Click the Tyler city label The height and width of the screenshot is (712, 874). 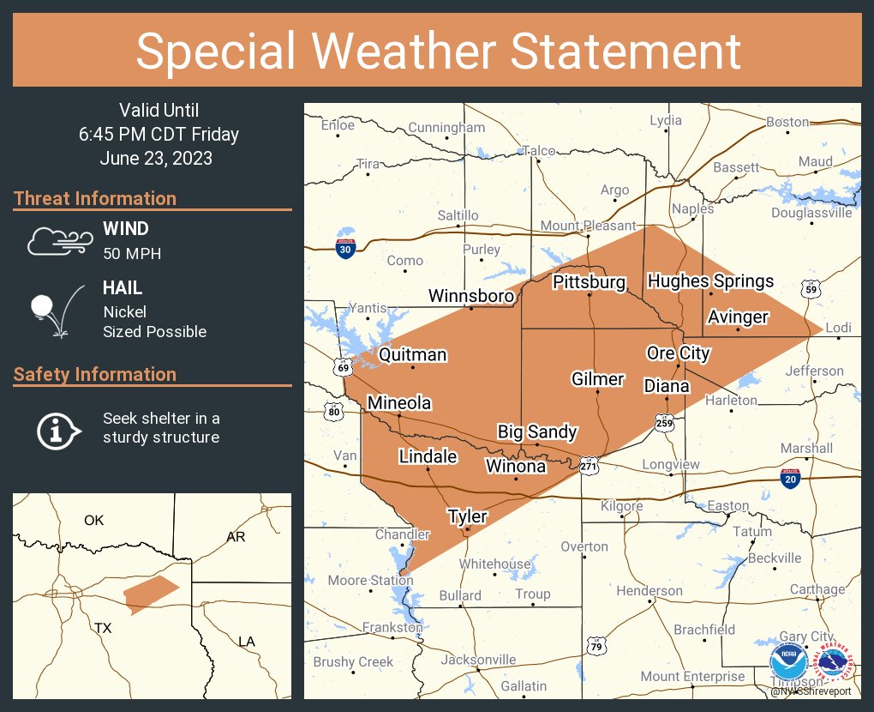coord(467,516)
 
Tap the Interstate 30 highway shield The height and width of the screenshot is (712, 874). coord(345,249)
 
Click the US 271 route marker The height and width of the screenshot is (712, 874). coord(588,466)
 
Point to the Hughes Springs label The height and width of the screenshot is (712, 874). coord(710,281)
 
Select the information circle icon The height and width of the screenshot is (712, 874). coord(57,429)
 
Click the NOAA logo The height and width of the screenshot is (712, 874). coord(787,663)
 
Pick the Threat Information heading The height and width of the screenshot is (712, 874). coord(95,198)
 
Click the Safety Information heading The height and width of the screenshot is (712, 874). coord(95,374)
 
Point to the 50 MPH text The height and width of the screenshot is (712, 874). coord(132,253)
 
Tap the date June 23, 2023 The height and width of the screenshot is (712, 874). coord(156,158)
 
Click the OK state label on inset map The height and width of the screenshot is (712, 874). coord(93,520)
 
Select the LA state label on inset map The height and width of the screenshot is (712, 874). coord(246,641)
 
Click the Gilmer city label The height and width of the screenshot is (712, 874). coord(597,379)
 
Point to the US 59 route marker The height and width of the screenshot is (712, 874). coord(810,288)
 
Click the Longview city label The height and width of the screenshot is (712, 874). coord(671,465)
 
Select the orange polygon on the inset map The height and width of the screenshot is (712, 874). coord(149,594)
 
